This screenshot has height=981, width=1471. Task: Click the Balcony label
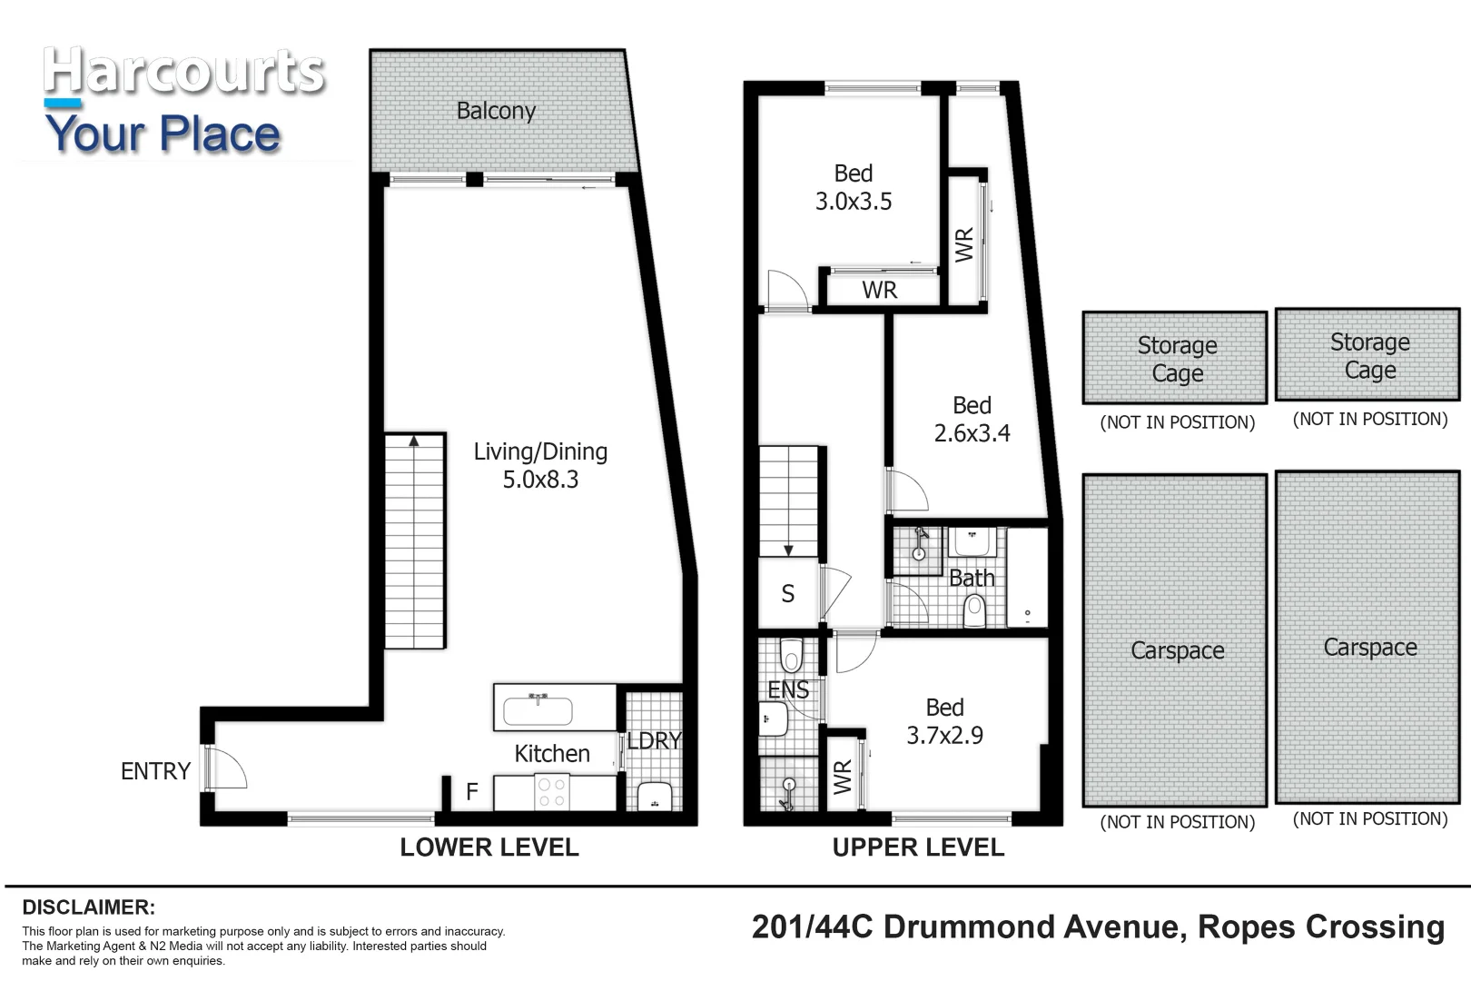[x=496, y=111]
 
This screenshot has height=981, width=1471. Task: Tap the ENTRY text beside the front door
[x=155, y=771]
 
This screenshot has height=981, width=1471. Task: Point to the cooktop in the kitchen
[x=551, y=793]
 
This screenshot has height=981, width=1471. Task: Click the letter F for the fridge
[x=472, y=792]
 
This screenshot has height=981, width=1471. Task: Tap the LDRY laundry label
[x=654, y=741]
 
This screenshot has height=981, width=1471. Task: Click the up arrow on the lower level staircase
[x=414, y=442]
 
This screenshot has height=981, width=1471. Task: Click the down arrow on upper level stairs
[x=788, y=549]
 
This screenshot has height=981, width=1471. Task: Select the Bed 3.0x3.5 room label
[x=853, y=187]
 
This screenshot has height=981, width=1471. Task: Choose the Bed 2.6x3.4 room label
[x=972, y=419]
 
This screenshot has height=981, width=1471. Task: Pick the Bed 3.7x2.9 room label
[x=944, y=721]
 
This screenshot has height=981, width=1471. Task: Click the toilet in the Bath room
[x=974, y=609]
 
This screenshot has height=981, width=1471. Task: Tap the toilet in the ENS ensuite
[x=791, y=656]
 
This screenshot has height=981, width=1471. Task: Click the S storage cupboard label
[x=788, y=594]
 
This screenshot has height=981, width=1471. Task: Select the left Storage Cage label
[x=1177, y=359]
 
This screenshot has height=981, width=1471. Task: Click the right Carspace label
[x=1369, y=648]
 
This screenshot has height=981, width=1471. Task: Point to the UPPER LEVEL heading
[x=918, y=847]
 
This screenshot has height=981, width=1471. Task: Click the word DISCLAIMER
[x=89, y=907]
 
